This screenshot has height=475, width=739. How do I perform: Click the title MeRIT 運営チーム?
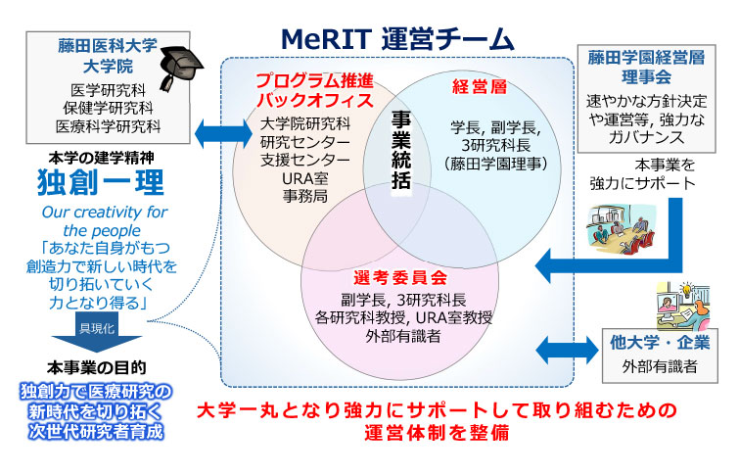396,38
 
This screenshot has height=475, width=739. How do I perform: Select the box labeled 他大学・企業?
659,355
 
